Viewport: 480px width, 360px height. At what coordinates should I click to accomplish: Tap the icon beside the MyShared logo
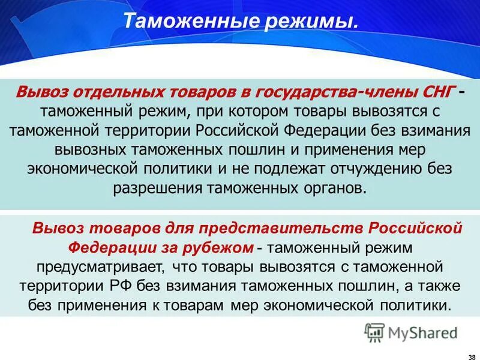coord(375,332)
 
